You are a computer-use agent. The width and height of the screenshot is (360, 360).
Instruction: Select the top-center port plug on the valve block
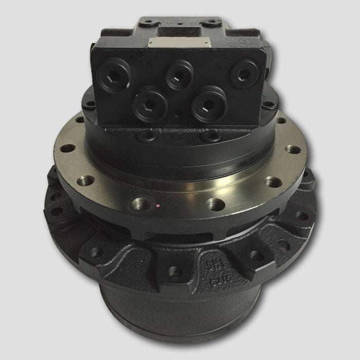point(178,74)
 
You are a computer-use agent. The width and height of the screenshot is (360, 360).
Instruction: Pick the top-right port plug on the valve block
point(243,73)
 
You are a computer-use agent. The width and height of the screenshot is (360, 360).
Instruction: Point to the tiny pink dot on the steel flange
point(157,207)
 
